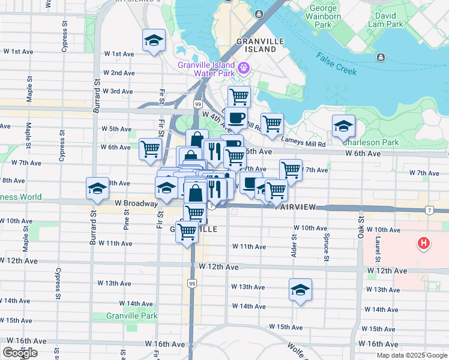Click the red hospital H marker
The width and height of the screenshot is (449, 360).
[x=424, y=244]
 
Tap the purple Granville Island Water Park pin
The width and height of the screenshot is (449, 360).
[x=244, y=67]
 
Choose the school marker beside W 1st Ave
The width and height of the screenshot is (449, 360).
[x=154, y=41]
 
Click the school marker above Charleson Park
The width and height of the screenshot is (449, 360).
[x=343, y=126]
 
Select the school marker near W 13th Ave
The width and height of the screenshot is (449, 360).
[x=300, y=290]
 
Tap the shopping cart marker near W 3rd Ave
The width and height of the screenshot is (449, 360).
[x=239, y=96]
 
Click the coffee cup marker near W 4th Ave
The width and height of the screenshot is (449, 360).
[x=236, y=118]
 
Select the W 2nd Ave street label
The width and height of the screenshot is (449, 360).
[x=118, y=73]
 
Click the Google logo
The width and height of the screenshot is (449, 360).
[x=20, y=353]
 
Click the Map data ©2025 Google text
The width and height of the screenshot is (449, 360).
[x=411, y=355]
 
